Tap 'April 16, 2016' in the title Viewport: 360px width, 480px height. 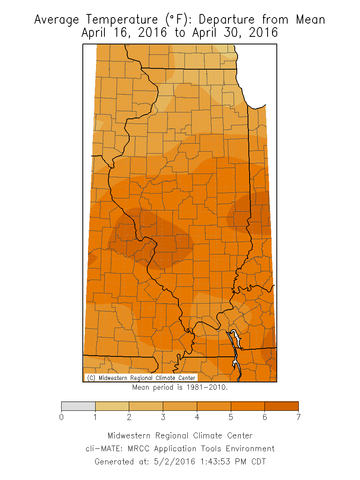point(124,32)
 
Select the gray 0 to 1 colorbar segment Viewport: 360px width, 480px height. point(78,406)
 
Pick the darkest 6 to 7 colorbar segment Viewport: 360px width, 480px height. point(281,406)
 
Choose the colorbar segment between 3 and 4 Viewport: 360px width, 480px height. point(180,406)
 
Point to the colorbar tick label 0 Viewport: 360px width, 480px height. point(61,418)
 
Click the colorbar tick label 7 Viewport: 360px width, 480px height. point(298,418)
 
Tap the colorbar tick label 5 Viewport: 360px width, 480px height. point(231,418)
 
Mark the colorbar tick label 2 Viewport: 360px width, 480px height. point(129,418)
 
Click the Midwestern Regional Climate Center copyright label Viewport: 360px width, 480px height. point(141,378)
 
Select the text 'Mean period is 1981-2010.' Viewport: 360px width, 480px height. point(180,387)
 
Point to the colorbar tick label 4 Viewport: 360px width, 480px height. point(197,418)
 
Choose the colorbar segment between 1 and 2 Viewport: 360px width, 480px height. point(112,406)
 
